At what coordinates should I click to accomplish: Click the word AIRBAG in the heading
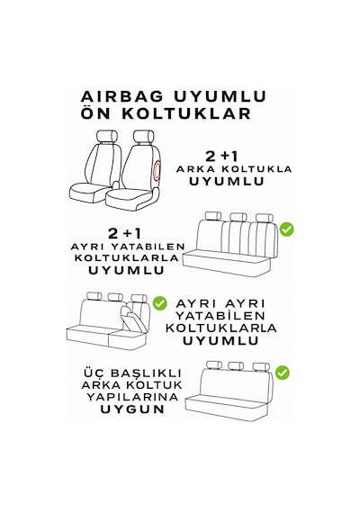[x=121, y=97]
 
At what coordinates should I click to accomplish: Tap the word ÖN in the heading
[x=94, y=112]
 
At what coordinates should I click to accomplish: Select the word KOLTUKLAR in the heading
[x=186, y=113]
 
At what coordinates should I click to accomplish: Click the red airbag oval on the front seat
[x=157, y=171]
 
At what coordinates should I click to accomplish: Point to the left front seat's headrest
[x=107, y=136]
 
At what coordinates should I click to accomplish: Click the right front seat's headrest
[x=144, y=136]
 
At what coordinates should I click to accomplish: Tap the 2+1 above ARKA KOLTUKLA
[x=221, y=157]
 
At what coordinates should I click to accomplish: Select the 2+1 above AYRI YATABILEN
[x=124, y=234]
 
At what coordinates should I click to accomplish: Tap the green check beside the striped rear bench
[x=287, y=229]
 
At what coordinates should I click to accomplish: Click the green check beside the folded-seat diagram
[x=160, y=303]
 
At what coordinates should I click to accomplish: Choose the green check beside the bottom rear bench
[x=282, y=373]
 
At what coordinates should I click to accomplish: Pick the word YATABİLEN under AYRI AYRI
[x=220, y=316]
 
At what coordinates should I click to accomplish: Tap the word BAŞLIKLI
[x=146, y=373]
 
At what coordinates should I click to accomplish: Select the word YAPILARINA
[x=132, y=397]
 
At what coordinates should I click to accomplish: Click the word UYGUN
[x=132, y=409]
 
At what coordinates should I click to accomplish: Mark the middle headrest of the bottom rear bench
[x=236, y=365]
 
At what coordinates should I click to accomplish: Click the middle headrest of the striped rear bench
[x=238, y=217]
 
